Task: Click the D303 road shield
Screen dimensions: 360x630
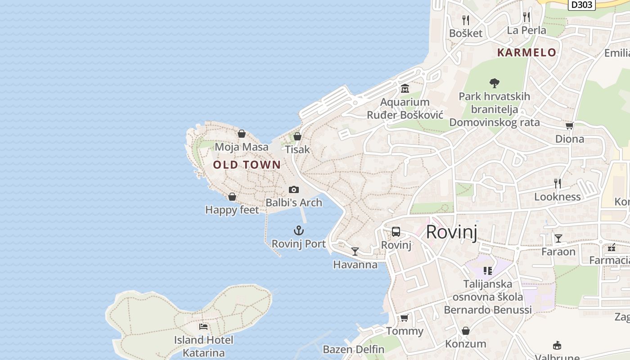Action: pos(581,4)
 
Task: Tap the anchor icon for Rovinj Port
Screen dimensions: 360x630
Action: pos(299,231)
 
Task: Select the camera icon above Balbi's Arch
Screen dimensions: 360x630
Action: pos(294,189)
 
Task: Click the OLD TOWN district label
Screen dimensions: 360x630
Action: pos(247,165)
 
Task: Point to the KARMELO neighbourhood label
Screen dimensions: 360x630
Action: pos(526,52)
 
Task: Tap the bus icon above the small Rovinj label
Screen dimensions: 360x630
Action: pos(396,232)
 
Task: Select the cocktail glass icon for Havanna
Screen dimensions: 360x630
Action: pos(355,251)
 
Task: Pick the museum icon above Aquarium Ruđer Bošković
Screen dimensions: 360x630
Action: pos(405,89)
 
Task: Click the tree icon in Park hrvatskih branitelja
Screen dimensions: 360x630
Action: pos(494,83)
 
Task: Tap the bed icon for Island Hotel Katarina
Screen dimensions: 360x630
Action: pos(203,326)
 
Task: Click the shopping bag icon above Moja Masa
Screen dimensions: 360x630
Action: pos(242,134)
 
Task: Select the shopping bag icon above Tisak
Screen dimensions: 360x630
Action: pos(297,136)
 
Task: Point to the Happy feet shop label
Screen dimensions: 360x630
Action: pos(232,210)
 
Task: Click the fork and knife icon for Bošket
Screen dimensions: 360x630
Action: pos(466,20)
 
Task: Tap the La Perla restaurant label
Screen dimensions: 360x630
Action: pos(526,30)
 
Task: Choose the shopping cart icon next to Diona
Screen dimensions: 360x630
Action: pos(569,126)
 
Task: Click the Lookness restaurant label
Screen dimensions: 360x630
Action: pos(557,197)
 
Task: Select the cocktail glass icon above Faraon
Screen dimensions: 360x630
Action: pos(558,238)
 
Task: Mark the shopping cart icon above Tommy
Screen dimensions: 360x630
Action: pos(404,318)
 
